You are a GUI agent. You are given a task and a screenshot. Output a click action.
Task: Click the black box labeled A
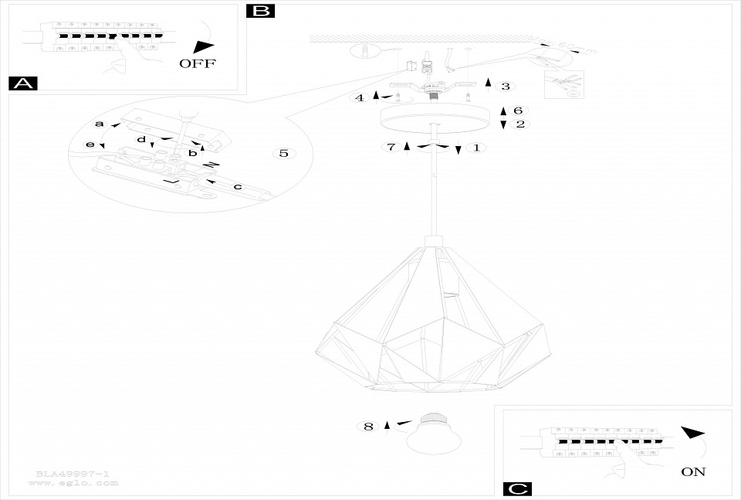pyautogui.click(x=22, y=83)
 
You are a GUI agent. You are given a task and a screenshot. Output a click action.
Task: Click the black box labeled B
pyautogui.click(x=261, y=11)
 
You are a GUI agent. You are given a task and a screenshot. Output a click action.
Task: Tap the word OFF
pyautogui.click(x=198, y=63)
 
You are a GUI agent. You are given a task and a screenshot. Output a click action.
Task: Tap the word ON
pyautogui.click(x=693, y=471)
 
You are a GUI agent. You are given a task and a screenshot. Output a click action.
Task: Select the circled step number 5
pyautogui.click(x=284, y=153)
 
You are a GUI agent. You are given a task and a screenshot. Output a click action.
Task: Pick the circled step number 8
pyautogui.click(x=368, y=426)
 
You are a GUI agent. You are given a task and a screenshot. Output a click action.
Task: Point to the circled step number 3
pyautogui.click(x=505, y=87)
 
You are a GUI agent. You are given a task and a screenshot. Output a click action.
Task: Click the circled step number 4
pyautogui.click(x=359, y=98)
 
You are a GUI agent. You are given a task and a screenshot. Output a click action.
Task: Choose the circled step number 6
pyautogui.click(x=518, y=111)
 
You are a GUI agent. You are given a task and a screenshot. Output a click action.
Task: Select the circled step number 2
pyautogui.click(x=519, y=124)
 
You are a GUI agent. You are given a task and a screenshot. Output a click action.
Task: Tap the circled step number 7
pyautogui.click(x=391, y=147)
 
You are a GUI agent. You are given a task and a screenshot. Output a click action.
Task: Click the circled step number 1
pyautogui.click(x=475, y=147)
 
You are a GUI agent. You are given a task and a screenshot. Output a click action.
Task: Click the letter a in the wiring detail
pyautogui.click(x=99, y=124)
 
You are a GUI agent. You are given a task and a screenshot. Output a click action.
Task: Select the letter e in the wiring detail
pyautogui.click(x=90, y=145)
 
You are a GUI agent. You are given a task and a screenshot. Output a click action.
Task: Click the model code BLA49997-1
pyautogui.click(x=73, y=473)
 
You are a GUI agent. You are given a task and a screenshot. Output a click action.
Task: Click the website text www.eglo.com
pyautogui.click(x=73, y=483)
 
